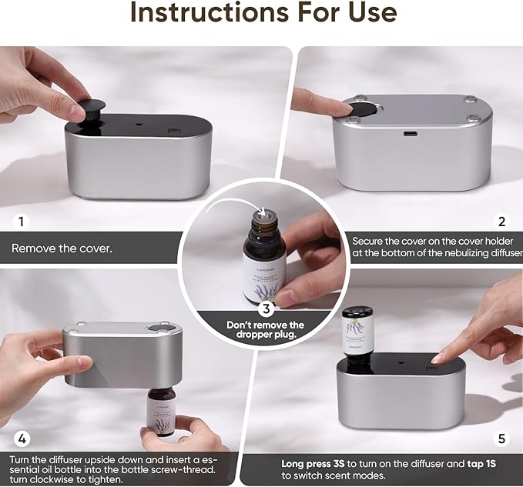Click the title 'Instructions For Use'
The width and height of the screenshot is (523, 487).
click(263, 12)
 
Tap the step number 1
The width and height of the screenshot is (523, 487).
click(20, 222)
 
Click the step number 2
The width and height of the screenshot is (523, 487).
click(502, 222)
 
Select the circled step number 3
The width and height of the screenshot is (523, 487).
click(265, 309)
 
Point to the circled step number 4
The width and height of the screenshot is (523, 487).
click(22, 439)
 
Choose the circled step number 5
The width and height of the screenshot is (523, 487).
click(502, 439)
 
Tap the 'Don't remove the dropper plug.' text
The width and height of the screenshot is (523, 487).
click(265, 330)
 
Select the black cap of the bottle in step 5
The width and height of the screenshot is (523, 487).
click(357, 314)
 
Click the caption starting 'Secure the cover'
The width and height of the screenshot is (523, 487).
click(436, 247)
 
